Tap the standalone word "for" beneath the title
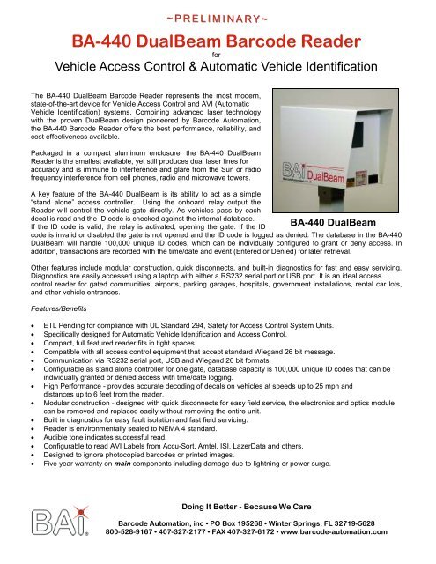[x=218, y=53]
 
